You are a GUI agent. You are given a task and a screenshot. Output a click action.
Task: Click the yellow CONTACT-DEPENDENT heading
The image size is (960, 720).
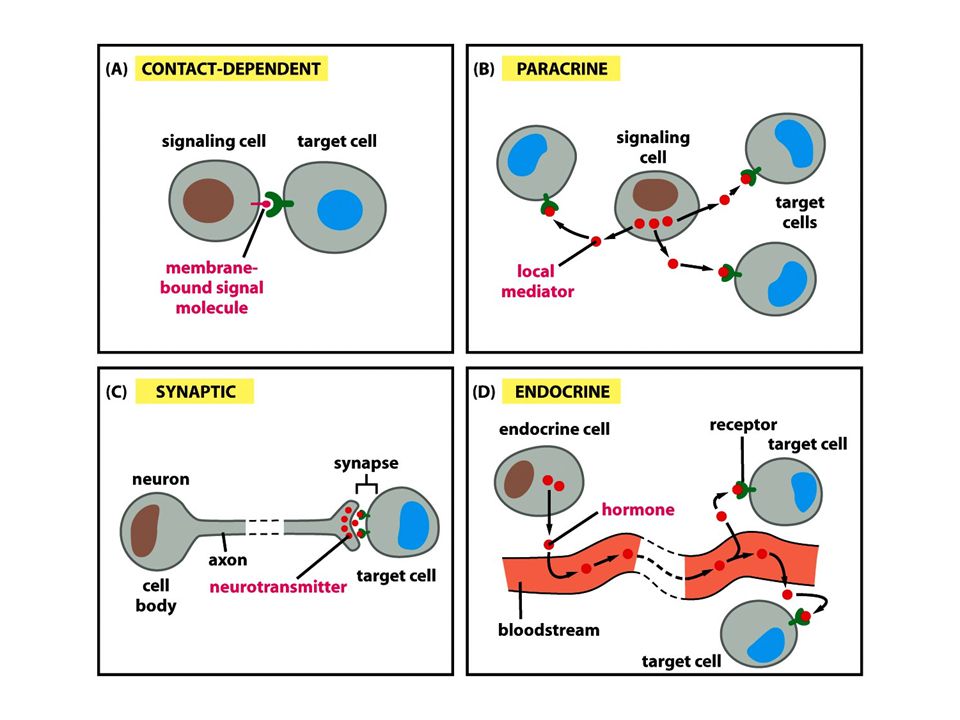pyautogui.click(x=231, y=69)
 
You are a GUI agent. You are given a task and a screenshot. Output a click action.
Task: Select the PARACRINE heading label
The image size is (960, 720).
pyautogui.click(x=561, y=69)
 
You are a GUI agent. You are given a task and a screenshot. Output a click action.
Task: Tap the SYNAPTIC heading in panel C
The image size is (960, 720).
pyautogui.click(x=195, y=391)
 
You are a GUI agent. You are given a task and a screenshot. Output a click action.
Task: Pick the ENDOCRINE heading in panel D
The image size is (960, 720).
pyautogui.click(x=561, y=391)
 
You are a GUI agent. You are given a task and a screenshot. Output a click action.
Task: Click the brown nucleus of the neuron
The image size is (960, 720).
pyautogui.click(x=145, y=530)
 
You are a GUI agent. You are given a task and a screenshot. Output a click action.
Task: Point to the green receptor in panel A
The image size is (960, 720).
pyautogui.click(x=279, y=204)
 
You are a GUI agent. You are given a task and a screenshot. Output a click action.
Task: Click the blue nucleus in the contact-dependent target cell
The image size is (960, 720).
pyautogui.click(x=340, y=210)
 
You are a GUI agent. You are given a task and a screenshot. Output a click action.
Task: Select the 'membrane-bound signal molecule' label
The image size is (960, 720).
pyautogui.click(x=212, y=288)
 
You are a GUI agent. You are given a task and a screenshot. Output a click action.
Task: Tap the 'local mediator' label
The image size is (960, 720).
pyautogui.click(x=537, y=281)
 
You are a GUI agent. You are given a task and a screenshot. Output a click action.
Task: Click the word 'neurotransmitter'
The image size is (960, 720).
pyautogui.click(x=278, y=587)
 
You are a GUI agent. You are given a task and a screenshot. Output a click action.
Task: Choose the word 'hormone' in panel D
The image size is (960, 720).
pyautogui.click(x=638, y=509)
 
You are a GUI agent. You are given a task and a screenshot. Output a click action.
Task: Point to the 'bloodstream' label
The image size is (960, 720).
pyautogui.click(x=549, y=630)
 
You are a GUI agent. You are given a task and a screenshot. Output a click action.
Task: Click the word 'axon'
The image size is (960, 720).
pyautogui.click(x=228, y=560)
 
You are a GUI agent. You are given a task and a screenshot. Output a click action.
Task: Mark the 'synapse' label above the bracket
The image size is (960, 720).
pyautogui.click(x=366, y=463)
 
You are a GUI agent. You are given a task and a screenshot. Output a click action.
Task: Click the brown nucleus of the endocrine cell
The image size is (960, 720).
pyautogui.click(x=519, y=479)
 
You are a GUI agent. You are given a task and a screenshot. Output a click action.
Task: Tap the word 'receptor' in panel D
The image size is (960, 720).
pyautogui.click(x=743, y=425)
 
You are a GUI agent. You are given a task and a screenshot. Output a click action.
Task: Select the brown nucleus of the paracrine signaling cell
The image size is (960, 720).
pyautogui.click(x=655, y=194)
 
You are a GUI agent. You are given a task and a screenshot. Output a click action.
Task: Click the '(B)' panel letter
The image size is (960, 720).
pyautogui.click(x=483, y=69)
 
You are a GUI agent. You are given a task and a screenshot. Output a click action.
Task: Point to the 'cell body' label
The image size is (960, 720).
pyautogui.click(x=156, y=596)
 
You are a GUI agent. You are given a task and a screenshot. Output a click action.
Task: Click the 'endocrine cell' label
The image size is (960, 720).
pyautogui.click(x=554, y=429)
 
